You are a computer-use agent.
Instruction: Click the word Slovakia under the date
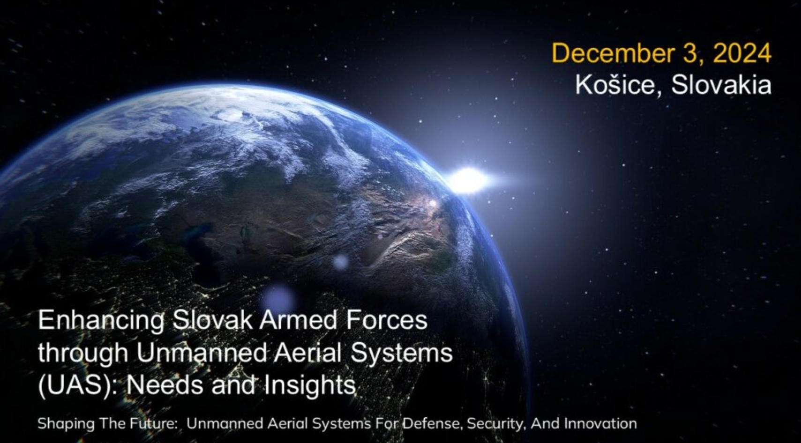[721, 85]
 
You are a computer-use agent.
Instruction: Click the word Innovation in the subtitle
[600, 424]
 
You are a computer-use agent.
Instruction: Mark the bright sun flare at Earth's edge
[468, 180]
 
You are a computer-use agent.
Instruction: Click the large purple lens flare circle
[278, 299]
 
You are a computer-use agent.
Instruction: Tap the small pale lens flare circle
[340, 262]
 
